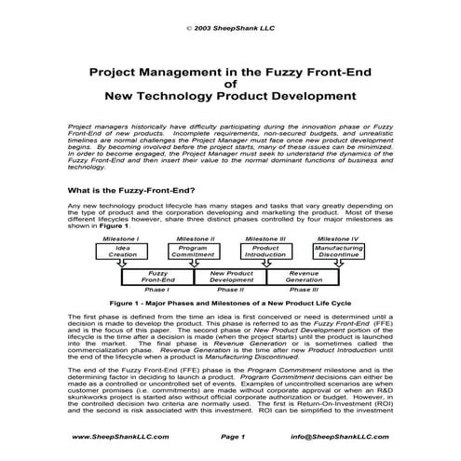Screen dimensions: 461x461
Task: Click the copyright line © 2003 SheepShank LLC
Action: [230, 29]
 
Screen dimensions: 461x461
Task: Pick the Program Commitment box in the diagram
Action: [193, 252]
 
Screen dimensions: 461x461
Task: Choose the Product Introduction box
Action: [266, 252]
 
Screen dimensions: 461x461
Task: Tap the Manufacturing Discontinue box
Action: [338, 252]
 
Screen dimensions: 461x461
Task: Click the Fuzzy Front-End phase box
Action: [157, 277]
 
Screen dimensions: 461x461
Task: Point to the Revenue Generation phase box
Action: [303, 277]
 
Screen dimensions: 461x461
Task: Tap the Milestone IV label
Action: [339, 239]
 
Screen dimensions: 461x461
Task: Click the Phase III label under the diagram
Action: [303, 290]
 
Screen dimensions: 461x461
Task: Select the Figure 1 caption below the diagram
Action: [230, 304]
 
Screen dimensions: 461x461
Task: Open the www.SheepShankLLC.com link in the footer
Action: [107, 436]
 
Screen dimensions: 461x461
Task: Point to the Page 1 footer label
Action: [232, 436]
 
